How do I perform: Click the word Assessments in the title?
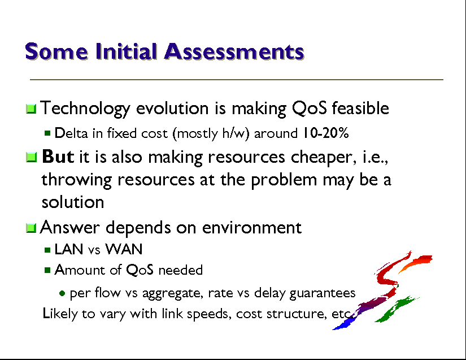tap(234, 52)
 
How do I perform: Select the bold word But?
tap(58, 157)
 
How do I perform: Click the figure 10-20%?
tap(325, 133)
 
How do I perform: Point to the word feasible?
tap(360, 107)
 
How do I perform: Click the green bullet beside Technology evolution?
tap(31, 109)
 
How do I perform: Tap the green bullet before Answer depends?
tap(31, 228)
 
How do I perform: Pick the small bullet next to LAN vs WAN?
tap(47, 250)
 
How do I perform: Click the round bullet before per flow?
tap(62, 294)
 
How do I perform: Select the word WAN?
tap(124, 249)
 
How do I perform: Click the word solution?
tap(73, 202)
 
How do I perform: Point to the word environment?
tap(252, 228)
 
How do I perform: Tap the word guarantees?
tap(322, 293)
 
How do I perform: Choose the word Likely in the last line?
tap(60, 314)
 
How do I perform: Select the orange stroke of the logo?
tap(416, 263)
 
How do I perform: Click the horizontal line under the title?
tap(237, 80)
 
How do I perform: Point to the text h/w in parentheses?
tap(234, 133)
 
